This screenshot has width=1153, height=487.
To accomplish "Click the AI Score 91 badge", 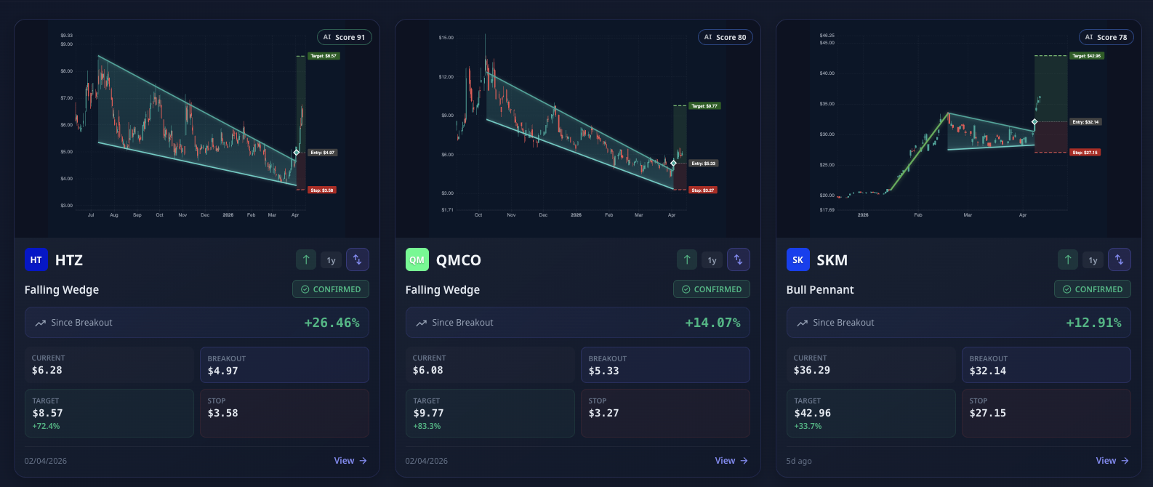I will coord(344,37).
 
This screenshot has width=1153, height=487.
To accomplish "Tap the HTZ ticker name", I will coord(69,260).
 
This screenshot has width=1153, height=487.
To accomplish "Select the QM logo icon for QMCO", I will coord(417,260).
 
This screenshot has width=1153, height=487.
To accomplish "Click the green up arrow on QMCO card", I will coord(687,260).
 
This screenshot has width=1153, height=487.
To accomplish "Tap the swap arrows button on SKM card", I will coord(1120,260).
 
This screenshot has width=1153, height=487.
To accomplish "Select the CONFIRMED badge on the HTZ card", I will coord(331,289).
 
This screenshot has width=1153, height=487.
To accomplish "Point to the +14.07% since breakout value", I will coord(712,323).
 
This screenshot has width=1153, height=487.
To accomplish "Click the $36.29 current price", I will coord(811,370).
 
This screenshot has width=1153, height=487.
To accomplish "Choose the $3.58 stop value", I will coord(222,413).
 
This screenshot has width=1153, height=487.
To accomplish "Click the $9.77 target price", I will coord(428,413).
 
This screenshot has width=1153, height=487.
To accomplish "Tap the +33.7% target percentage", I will coord(808,426).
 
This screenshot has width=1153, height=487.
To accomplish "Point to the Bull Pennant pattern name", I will coord(820,289).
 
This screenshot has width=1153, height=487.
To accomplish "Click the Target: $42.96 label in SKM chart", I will coord(1088,56).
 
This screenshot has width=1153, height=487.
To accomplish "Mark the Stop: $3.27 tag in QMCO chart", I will coord(703,190).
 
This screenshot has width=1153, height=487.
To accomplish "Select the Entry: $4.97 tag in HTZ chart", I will coord(322,153).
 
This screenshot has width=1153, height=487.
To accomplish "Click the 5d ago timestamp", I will coord(799,461).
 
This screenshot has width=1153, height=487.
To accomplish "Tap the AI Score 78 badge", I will coord(1106,37).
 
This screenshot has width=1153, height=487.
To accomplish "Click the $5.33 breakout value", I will coord(603,371).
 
